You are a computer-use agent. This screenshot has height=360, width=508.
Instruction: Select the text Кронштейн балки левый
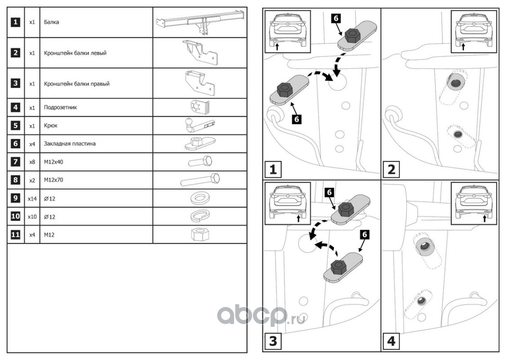(75, 53)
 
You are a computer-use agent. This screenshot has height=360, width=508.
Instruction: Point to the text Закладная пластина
(70, 144)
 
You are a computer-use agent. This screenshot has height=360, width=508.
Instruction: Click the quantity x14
(32, 198)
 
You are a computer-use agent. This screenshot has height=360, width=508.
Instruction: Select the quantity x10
(32, 216)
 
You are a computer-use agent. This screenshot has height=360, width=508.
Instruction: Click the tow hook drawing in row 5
(199, 126)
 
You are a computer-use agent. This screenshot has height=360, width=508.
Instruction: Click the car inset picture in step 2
(473, 31)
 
